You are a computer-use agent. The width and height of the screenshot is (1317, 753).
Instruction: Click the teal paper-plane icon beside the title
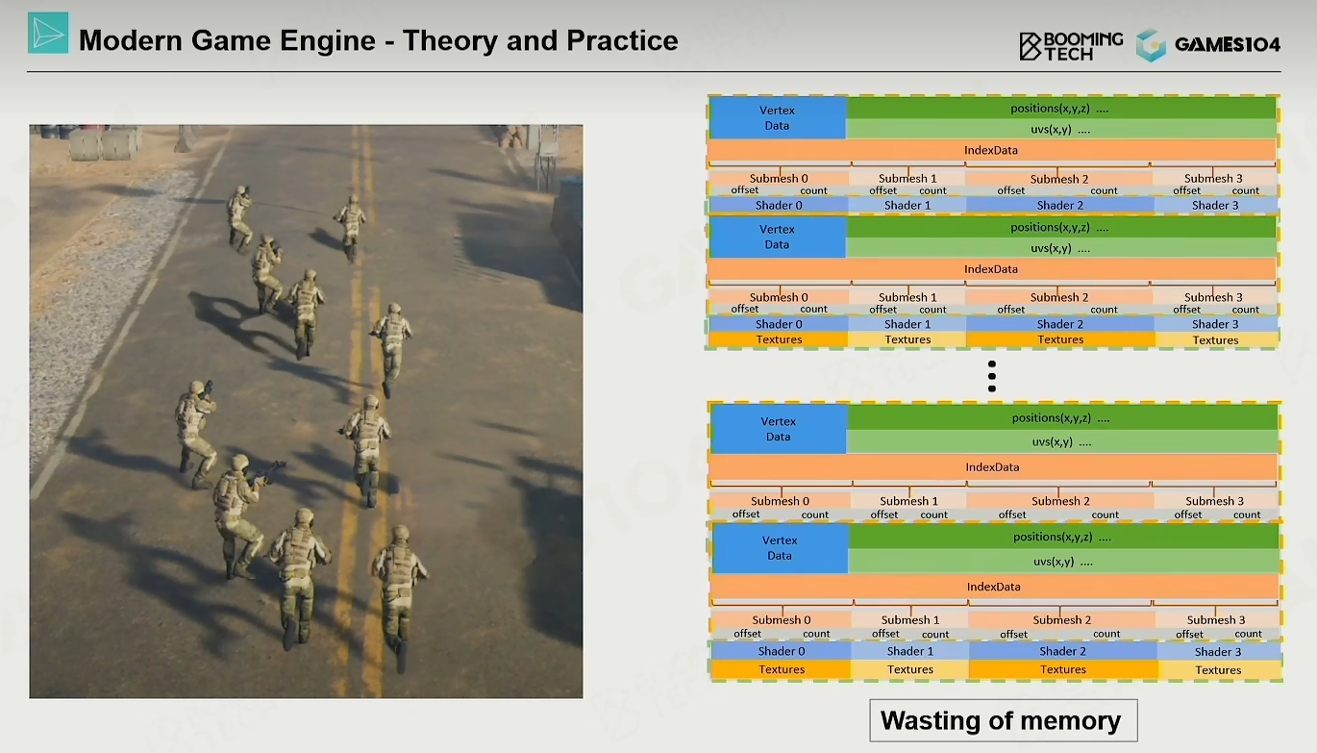[x=48, y=33]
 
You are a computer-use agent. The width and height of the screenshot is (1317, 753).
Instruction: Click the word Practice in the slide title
[x=622, y=40]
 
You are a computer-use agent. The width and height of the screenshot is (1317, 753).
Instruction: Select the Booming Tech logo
[x=1071, y=46]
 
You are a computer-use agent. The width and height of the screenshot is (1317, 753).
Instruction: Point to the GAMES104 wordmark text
[x=1227, y=44]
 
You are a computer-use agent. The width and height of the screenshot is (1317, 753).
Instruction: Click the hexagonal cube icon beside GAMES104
[x=1152, y=45]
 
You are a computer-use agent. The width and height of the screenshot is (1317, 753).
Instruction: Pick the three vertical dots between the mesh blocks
[x=992, y=377]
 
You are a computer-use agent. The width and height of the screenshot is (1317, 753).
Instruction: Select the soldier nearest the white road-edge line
[x=194, y=434]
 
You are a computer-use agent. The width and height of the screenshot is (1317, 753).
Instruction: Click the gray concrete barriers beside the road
[x=105, y=143]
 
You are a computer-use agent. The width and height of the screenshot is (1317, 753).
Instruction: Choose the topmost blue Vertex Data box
[x=778, y=117]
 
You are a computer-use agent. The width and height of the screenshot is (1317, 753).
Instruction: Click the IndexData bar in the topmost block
[x=991, y=150]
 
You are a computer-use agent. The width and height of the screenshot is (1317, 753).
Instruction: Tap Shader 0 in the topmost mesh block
[x=779, y=205]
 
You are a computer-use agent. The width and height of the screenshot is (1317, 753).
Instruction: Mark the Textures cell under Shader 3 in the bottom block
[x=1219, y=669]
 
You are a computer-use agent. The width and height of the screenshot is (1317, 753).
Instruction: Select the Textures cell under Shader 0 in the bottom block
[x=781, y=669]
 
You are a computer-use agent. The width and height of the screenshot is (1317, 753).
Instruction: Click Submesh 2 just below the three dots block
[x=1060, y=501]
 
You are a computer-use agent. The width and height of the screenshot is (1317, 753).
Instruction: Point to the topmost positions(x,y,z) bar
[x=1061, y=109]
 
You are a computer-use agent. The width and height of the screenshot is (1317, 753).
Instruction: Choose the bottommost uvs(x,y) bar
[x=1064, y=562]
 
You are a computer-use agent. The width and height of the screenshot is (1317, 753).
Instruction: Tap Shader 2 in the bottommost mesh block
[x=1063, y=651]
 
